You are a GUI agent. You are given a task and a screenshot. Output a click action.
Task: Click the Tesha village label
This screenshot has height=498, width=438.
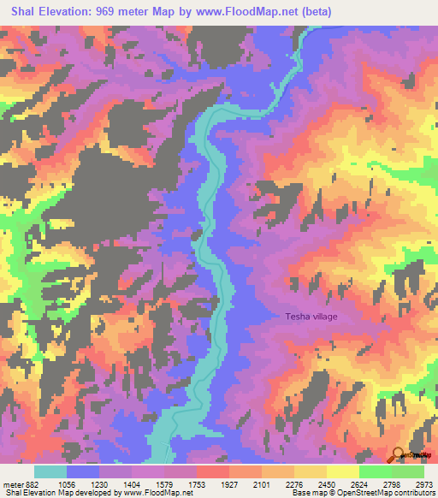pos(311,317)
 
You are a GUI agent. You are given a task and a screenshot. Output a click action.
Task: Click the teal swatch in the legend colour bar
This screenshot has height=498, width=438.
pos(50,471)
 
